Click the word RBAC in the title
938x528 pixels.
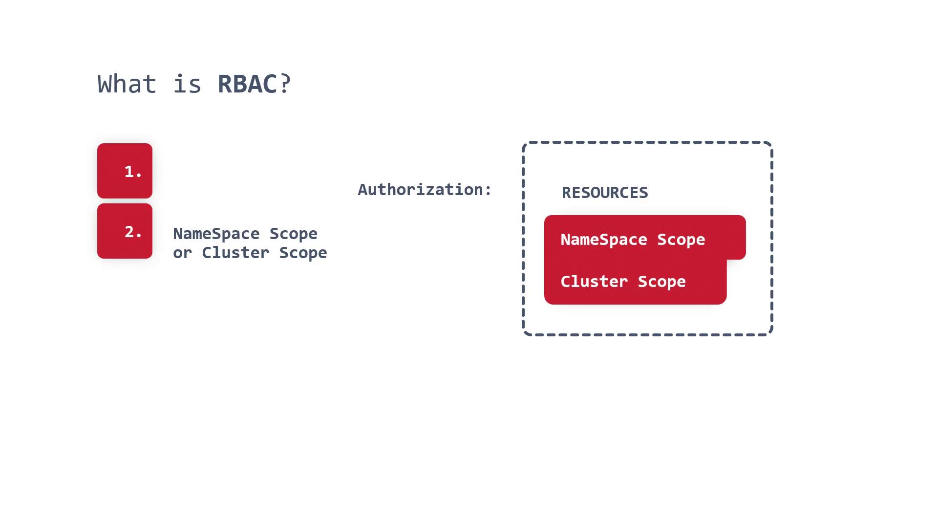(247, 84)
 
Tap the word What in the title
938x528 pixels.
(127, 84)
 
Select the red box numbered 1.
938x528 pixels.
(125, 171)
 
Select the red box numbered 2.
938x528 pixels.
(125, 231)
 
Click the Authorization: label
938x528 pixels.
(424, 190)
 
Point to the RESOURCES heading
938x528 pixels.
(605, 193)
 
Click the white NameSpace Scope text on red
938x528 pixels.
(633, 240)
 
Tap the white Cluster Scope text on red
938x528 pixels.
(623, 282)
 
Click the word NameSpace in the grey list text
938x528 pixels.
(216, 234)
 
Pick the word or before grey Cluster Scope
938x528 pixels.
(182, 253)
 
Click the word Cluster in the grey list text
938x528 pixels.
(235, 253)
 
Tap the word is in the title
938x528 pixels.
(187, 84)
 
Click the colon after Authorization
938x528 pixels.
(488, 190)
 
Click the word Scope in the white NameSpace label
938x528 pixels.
(681, 240)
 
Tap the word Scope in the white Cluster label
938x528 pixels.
(661, 282)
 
